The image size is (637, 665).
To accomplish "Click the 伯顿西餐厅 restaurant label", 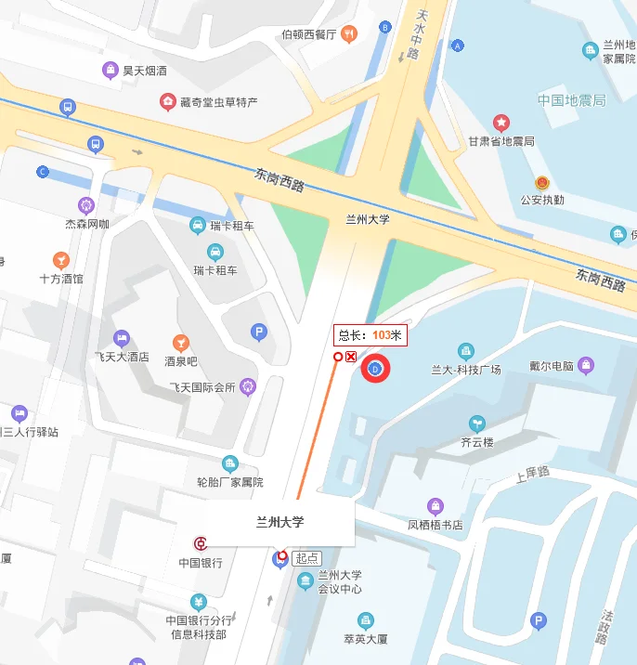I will pyautogui.click(x=309, y=34).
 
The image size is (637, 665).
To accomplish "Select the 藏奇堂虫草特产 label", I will pyautogui.click(x=218, y=101).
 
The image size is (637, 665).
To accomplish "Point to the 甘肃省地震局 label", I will pyautogui.click(x=500, y=141).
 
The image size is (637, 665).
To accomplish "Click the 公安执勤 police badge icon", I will pyautogui.click(x=542, y=183).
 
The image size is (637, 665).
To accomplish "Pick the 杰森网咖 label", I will pyautogui.click(x=87, y=224).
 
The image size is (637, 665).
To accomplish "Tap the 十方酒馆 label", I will pyautogui.click(x=61, y=278).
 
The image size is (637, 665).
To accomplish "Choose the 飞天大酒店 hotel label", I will pyautogui.click(x=122, y=356).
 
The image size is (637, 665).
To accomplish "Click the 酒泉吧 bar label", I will pyautogui.click(x=181, y=360).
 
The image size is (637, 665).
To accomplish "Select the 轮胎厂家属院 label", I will pyautogui.click(x=230, y=482).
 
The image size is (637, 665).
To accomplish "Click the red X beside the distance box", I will pyautogui.click(x=351, y=357).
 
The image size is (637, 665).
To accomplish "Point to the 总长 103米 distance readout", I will pyautogui.click(x=370, y=335).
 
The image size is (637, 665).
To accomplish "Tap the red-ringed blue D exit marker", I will pyautogui.click(x=375, y=370).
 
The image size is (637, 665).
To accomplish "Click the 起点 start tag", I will pyautogui.click(x=306, y=558).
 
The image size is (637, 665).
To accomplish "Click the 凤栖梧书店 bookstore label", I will pyautogui.click(x=435, y=525).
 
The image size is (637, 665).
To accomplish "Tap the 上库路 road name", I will pyautogui.click(x=532, y=476).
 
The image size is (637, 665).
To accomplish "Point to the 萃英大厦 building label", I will pyautogui.click(x=366, y=639).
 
